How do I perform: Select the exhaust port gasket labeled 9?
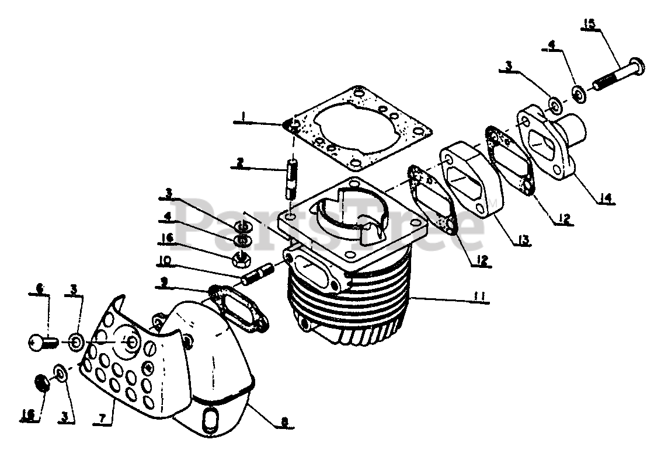(236, 306)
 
